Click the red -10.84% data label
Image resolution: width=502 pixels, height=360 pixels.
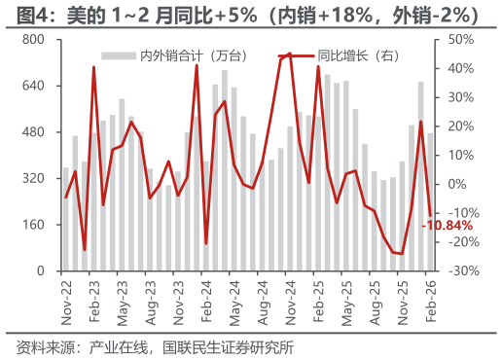447,226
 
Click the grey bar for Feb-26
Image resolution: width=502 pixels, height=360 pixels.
430,201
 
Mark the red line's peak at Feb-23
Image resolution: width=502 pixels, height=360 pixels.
93,67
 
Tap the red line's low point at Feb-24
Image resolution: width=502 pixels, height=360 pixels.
206,243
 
